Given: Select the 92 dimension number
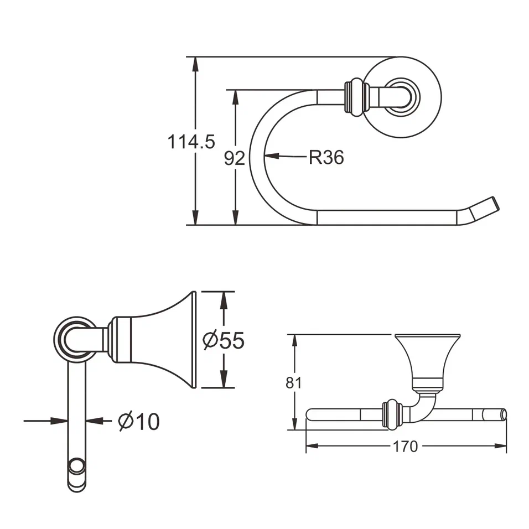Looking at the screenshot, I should point(234,159).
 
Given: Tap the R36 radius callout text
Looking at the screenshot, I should point(326,158).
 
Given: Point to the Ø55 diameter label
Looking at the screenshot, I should point(224,340).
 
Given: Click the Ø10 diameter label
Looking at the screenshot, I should point(139,422).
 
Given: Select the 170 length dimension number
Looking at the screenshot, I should point(406,447).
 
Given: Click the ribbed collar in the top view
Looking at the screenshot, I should point(356,97).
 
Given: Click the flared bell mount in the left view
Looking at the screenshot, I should point(160,339).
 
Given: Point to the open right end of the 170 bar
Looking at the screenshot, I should point(502,415).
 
